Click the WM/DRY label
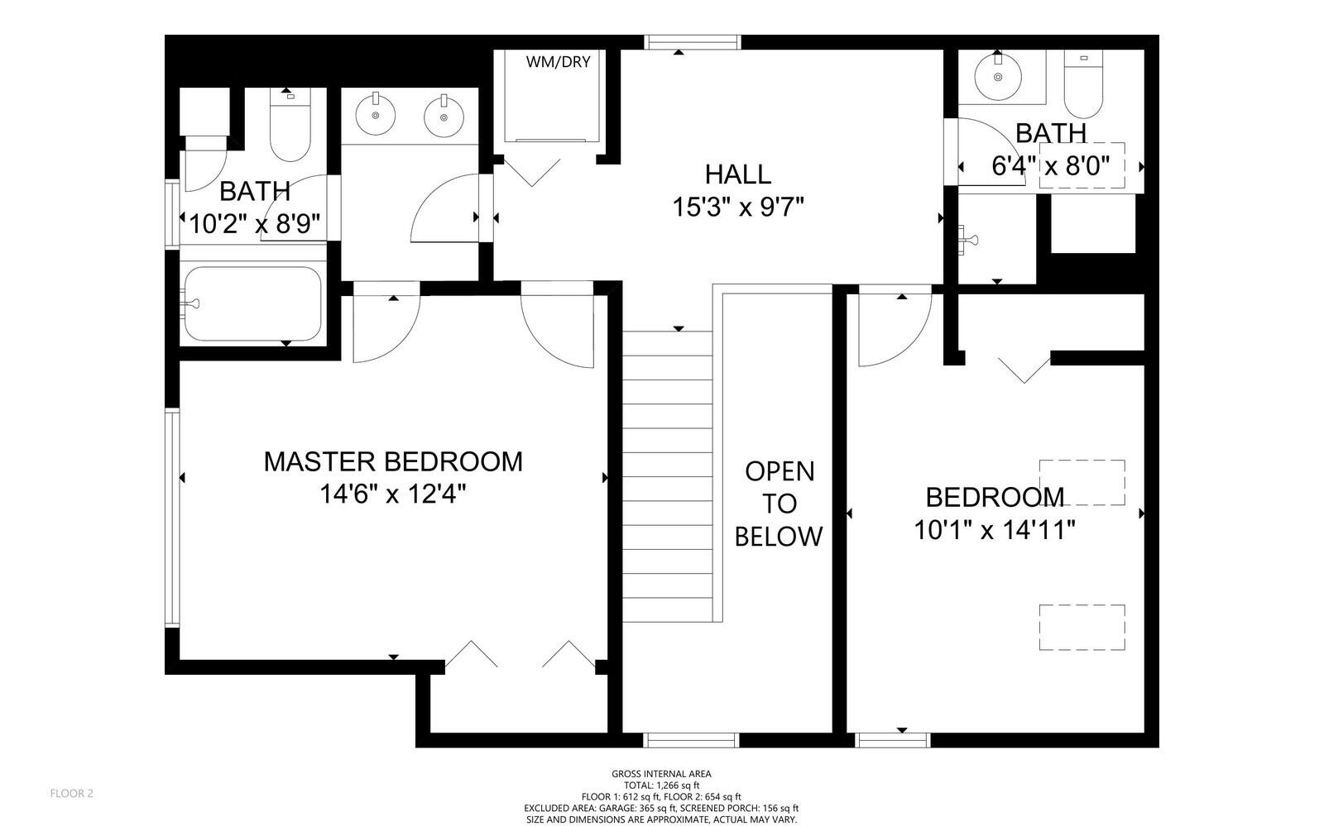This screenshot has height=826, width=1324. pos(558,62)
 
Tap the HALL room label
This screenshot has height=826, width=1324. pos(737,174)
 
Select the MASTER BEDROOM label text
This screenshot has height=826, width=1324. pos(393,461)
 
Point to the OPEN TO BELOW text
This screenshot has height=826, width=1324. pos(779,504)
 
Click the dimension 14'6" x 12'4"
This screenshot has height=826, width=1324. pos(393,494)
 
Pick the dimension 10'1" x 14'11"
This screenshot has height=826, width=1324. pos(994,530)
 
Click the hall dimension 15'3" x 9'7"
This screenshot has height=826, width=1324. pos(738,208)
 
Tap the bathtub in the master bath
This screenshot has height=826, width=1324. pos(253,304)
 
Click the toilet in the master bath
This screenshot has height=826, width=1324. pos(290,125)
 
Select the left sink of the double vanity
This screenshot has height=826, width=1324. pos(376,115)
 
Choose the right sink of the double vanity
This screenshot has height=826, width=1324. pos(444,117)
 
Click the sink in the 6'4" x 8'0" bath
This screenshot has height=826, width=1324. pos(998,77)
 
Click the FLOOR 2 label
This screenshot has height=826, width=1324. pos(71,794)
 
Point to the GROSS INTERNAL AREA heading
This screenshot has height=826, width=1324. pos(661,774)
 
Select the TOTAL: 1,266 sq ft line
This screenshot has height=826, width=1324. pos(661,785)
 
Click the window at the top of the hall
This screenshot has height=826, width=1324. pos(692,42)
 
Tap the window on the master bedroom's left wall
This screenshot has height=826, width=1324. pos(172,518)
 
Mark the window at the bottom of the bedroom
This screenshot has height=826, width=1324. pos(893,740)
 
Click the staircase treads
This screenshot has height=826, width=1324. pos(667,476)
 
